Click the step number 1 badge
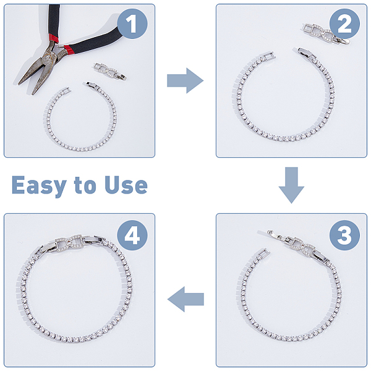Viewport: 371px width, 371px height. [132, 23]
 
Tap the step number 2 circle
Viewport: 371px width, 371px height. [344, 23]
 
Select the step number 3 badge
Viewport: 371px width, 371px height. [344, 235]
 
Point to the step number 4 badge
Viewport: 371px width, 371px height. [132, 235]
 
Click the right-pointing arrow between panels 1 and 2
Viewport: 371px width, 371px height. [185, 80]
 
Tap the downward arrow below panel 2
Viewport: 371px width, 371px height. [291, 185]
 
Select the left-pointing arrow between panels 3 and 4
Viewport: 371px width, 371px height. [185, 299]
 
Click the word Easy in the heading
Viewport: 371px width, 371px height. [39, 185]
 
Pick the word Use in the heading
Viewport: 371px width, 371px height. [126, 185]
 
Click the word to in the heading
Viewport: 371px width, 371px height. [85, 185]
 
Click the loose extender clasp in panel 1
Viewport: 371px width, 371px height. [109, 71]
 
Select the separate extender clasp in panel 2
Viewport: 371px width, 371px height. [326, 33]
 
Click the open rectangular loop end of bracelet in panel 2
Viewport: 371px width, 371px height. [269, 56]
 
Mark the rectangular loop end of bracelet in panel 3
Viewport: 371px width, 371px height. [264, 254]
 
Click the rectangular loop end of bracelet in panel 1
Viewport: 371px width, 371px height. [66, 91]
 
